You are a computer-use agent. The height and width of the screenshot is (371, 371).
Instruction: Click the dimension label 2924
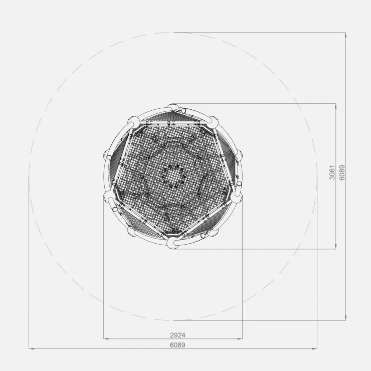coord(177,335)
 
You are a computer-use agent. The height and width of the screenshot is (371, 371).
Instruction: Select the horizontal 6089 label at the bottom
coord(177,345)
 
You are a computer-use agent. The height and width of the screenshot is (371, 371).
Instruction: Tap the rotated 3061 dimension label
coord(332,172)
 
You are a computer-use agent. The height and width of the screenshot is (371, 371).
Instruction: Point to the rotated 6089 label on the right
coord(342,172)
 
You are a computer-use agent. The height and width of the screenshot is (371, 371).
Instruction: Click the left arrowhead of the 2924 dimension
coord(106,339)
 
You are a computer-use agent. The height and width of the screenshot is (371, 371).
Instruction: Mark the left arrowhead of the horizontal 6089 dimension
coord(31,348)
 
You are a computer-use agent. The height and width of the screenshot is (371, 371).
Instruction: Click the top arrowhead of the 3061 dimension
coord(336,106)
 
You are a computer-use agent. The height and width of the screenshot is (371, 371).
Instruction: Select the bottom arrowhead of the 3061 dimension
coord(336,247)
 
